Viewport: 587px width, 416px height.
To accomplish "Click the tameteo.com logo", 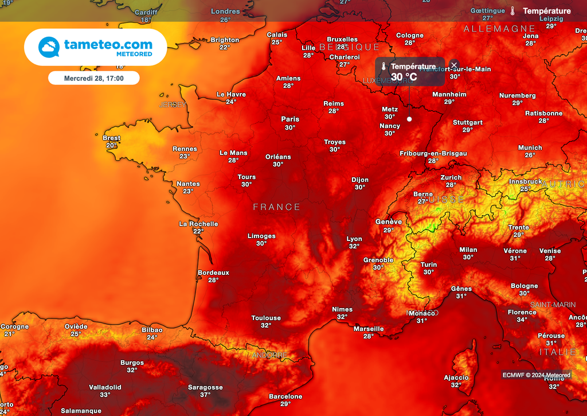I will click(95, 47).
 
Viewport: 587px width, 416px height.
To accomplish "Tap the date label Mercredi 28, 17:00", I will click(93, 78).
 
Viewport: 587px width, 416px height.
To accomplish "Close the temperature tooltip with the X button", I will click(454, 65).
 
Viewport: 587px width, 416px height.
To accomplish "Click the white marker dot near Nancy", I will click(409, 119).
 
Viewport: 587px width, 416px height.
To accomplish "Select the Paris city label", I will click(290, 119).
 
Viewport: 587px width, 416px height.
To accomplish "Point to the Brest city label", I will click(111, 138).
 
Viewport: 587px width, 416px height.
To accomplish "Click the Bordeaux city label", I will click(213, 273).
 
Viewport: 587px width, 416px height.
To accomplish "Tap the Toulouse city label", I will click(266, 318).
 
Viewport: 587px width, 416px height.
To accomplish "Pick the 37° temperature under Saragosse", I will click(205, 395).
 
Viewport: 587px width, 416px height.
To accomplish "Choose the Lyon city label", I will click(354, 239).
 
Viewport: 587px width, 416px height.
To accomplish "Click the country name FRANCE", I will click(277, 207).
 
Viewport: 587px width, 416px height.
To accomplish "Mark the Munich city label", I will click(530, 147).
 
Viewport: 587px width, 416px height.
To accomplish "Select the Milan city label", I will click(468, 250).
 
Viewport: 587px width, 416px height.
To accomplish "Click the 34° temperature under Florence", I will click(522, 320).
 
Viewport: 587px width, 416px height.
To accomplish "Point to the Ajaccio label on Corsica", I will click(456, 378).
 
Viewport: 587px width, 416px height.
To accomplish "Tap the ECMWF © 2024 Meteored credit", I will click(537, 375).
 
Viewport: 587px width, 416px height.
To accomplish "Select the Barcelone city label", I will click(285, 396).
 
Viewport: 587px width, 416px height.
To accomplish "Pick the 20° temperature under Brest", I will click(111, 145).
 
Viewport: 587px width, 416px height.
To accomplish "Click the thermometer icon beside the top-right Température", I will click(512, 11).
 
